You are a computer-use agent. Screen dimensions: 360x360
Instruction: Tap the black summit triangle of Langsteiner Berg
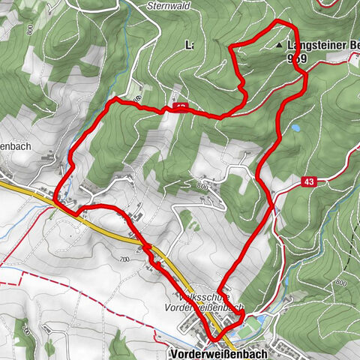[x=280, y=46]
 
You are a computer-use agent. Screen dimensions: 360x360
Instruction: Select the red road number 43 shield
[x=309, y=182]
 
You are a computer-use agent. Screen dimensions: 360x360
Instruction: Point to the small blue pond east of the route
[x=297, y=128]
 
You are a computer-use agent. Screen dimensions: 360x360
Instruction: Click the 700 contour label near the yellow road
[x=124, y=259]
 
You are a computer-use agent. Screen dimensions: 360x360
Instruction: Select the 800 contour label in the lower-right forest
[x=342, y=283]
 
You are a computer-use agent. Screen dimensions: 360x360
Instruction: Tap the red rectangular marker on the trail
[x=180, y=108]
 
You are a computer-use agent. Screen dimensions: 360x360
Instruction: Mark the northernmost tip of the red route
[x=281, y=22]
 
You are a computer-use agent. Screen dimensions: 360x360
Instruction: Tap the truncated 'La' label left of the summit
[x=190, y=45]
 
